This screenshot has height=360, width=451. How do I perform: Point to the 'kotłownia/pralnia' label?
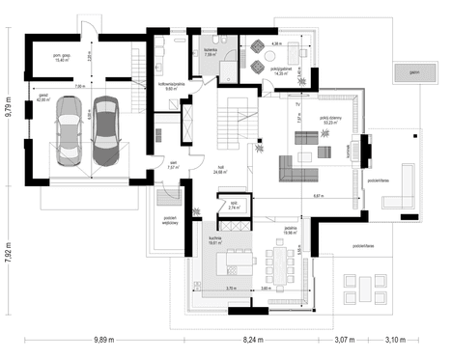tap(172, 84)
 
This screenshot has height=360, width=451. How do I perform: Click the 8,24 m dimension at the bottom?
tap(254, 340)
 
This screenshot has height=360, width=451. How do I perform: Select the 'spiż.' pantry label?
tap(234, 205)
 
